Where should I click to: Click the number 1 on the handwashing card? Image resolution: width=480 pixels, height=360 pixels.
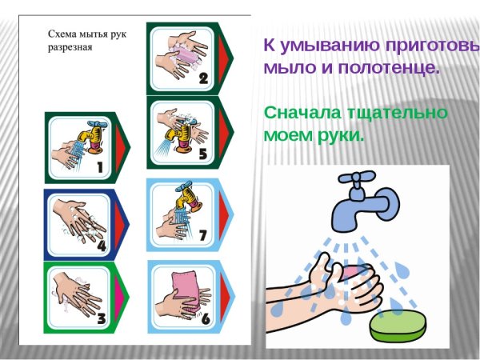(101, 168)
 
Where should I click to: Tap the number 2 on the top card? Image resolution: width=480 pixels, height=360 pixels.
(203, 78)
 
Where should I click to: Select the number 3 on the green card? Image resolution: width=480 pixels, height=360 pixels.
(101, 319)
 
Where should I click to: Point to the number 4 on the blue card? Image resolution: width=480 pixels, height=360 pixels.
(101, 245)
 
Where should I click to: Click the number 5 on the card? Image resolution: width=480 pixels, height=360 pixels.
(203, 153)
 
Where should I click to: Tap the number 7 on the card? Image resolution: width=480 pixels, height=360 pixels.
(203, 235)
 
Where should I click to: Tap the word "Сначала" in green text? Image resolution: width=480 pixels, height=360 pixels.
(300, 113)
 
